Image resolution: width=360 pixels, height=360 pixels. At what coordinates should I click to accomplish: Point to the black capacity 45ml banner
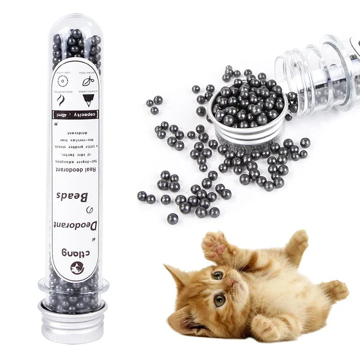(76, 113)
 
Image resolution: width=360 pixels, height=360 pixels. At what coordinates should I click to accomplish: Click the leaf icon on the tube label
(88, 81)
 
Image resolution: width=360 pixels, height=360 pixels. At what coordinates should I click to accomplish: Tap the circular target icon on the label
(63, 81)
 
